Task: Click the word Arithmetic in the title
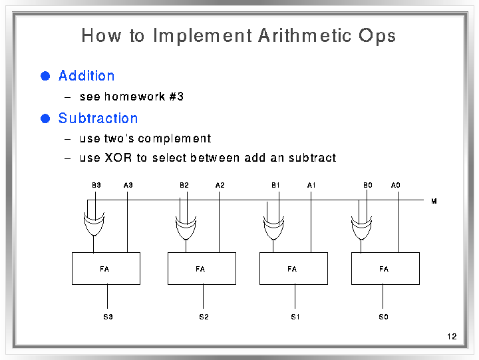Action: (x=305, y=35)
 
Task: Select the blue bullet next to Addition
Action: (x=45, y=76)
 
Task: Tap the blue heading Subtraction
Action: (x=98, y=118)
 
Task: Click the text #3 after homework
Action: (x=176, y=96)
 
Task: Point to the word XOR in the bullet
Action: (x=118, y=158)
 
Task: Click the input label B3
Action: (x=96, y=185)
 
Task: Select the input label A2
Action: (x=220, y=185)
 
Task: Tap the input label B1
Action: (x=275, y=185)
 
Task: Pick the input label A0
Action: (x=396, y=185)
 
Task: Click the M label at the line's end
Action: (x=434, y=201)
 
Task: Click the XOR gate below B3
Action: (x=94, y=224)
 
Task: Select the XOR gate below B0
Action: (x=361, y=228)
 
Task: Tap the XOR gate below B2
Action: (x=186, y=228)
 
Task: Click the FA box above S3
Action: (x=106, y=269)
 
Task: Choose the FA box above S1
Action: (x=293, y=269)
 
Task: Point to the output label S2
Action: (x=204, y=317)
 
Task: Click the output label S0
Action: (x=383, y=317)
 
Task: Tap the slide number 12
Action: (x=452, y=337)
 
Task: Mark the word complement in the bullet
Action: (x=174, y=139)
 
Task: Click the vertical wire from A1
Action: (x=311, y=222)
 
